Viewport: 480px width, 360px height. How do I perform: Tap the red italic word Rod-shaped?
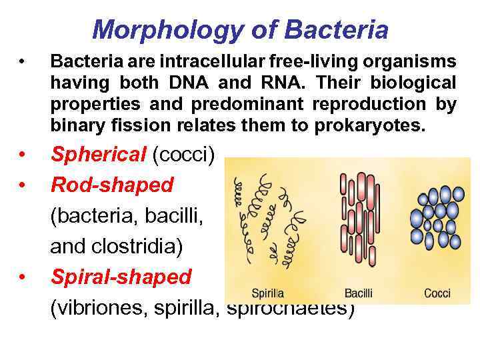(111, 185)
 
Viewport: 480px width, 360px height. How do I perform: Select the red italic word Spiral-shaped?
(121, 277)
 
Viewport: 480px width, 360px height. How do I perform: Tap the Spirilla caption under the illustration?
(267, 293)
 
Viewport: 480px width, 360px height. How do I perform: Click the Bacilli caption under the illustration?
(359, 293)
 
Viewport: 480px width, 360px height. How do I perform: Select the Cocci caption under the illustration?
(437, 293)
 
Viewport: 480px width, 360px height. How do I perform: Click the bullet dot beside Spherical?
(23, 155)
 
